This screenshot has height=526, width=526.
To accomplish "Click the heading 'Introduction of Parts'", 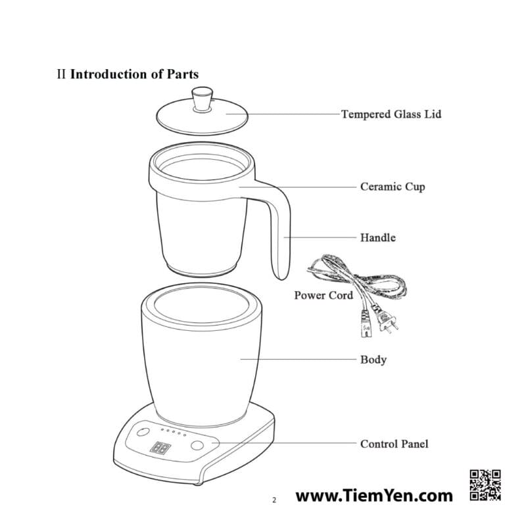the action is [x=134, y=74].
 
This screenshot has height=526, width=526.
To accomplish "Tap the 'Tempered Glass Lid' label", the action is [x=391, y=114].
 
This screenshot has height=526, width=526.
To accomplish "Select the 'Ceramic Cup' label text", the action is [x=393, y=187].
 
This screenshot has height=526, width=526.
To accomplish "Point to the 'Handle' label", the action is [x=377, y=238].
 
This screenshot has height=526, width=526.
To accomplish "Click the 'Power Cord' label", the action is [x=323, y=295].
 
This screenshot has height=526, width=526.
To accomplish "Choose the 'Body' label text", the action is [x=373, y=360].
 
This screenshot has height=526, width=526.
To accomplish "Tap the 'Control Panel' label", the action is [x=394, y=444].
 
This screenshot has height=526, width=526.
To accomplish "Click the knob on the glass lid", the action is [x=203, y=99].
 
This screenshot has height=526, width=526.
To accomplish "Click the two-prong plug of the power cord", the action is [x=387, y=321].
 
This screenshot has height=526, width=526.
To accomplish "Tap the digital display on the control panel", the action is [x=160, y=448].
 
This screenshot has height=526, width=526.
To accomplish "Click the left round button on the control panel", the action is [x=143, y=432].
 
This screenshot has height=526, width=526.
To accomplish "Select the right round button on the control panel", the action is [x=197, y=446].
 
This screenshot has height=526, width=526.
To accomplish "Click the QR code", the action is [x=485, y=485].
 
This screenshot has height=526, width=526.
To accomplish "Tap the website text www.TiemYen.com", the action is [x=374, y=496].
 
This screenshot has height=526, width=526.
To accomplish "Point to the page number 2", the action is [x=274, y=500].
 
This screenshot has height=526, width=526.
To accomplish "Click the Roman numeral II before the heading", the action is [x=61, y=74].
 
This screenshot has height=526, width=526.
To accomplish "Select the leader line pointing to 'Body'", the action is [x=299, y=359].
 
